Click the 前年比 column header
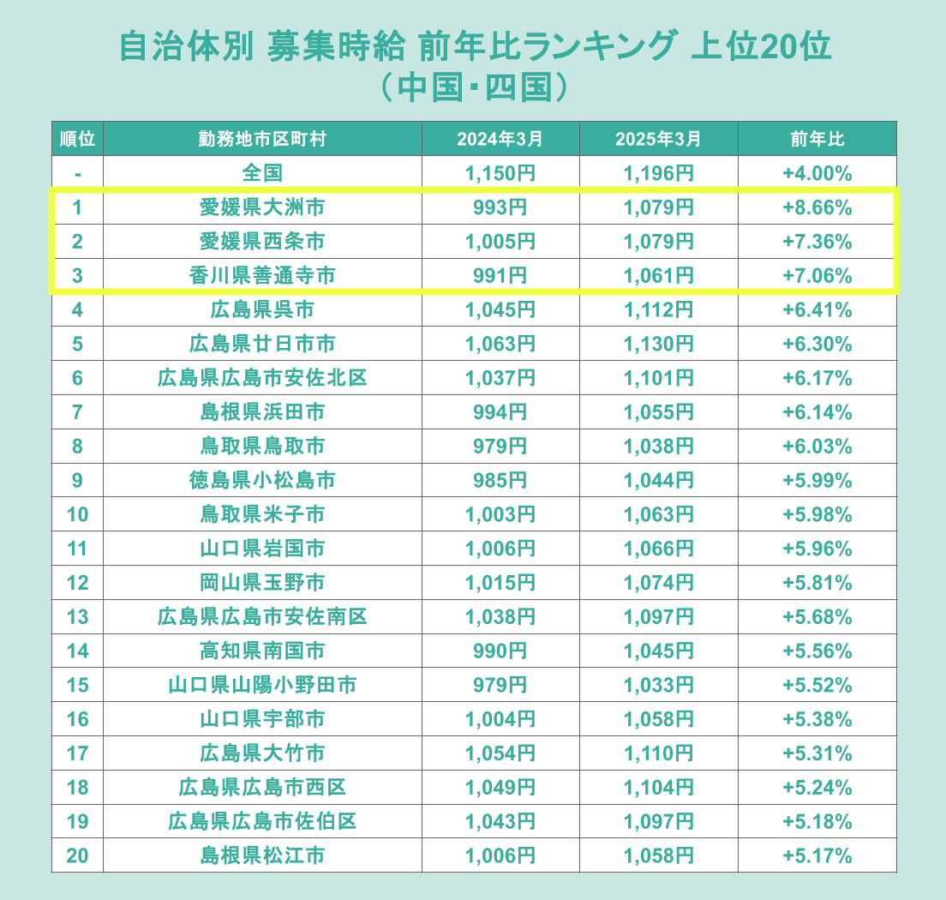[x=817, y=139]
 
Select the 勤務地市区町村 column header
[x=262, y=139]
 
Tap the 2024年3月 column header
[x=500, y=139]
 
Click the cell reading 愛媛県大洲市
[x=262, y=207]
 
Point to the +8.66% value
[x=817, y=207]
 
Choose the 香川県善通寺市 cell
[x=262, y=276]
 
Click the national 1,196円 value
[x=659, y=173]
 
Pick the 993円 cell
[x=500, y=207]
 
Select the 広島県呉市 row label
[x=262, y=309]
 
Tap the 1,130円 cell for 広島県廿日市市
[x=659, y=344]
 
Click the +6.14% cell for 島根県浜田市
[x=817, y=412]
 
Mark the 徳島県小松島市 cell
[x=262, y=480]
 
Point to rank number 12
[x=77, y=583]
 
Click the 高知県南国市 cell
[x=262, y=651]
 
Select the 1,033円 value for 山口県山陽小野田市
[x=659, y=685]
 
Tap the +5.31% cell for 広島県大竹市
[x=817, y=753]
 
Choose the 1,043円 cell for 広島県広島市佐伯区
[x=500, y=821]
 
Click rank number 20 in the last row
[x=77, y=855]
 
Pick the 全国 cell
[x=262, y=173]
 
